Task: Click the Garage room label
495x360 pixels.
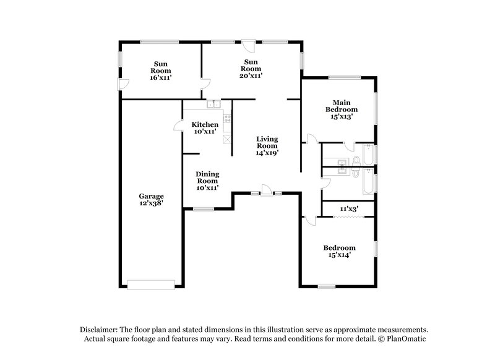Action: click(151, 195)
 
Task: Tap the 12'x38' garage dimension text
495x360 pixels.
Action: click(151, 203)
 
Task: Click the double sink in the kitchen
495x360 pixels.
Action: click(214, 105)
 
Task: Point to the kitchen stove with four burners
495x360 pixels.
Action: click(227, 118)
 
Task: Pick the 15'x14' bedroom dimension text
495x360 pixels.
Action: click(340, 256)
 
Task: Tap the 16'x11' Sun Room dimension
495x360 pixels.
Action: click(160, 78)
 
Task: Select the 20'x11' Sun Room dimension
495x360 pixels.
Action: click(251, 76)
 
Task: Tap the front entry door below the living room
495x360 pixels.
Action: click(265, 191)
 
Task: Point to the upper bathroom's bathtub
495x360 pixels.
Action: click(368, 155)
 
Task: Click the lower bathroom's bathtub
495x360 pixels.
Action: click(368, 181)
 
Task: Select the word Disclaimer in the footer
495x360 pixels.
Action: click(100, 330)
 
